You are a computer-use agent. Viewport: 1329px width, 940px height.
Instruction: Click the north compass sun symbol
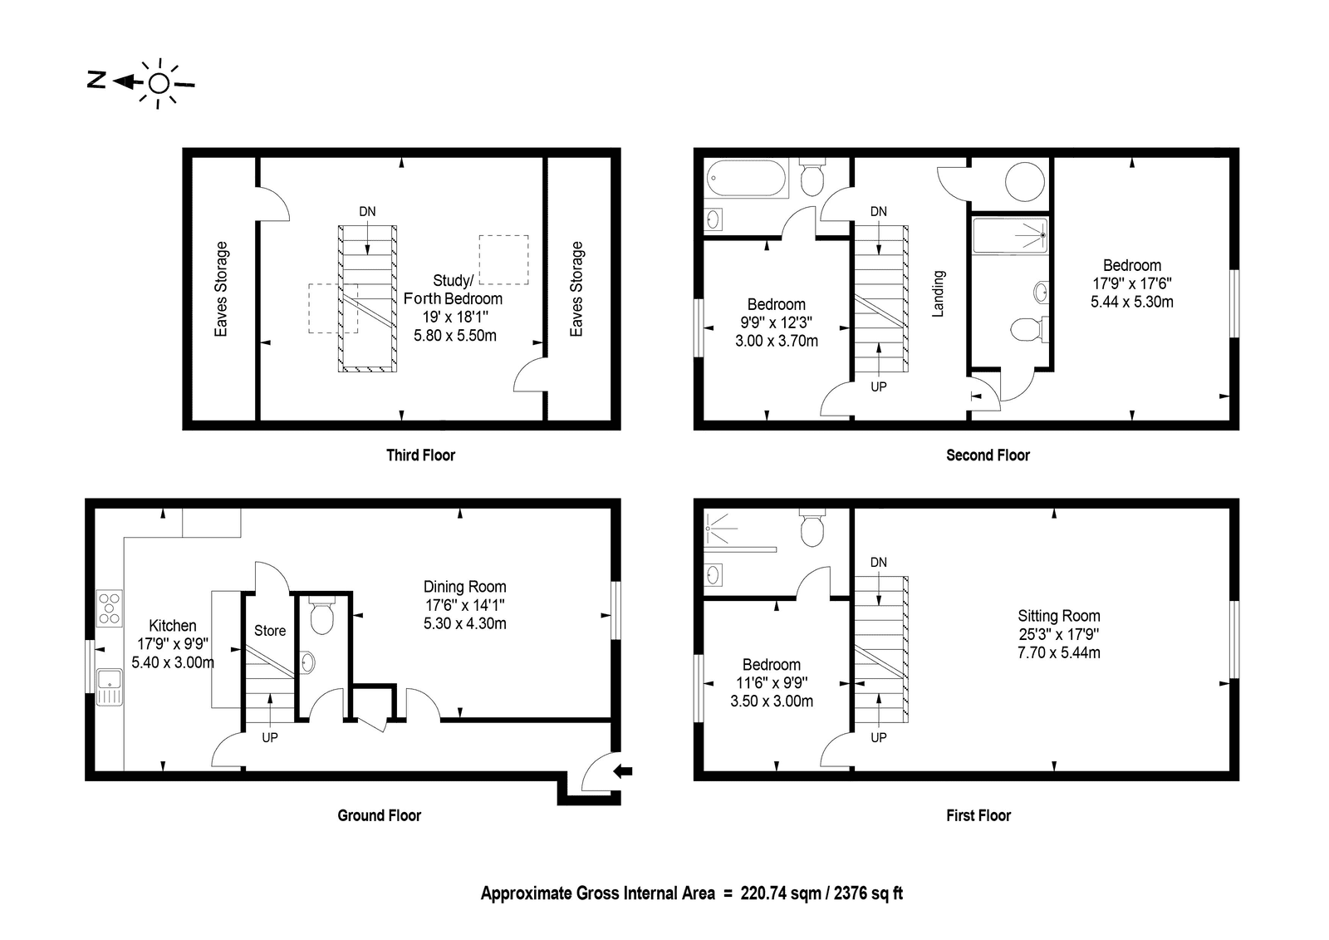[159, 84]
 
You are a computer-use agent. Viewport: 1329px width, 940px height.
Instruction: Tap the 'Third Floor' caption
[420, 455]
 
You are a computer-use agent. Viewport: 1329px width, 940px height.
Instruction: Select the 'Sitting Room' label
[1059, 616]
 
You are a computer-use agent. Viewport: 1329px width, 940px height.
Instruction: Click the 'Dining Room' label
[464, 587]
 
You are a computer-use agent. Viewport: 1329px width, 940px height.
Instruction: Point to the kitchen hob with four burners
[109, 608]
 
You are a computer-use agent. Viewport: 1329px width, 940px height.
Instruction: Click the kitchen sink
[110, 687]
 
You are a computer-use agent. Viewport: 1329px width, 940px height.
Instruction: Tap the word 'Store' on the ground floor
[270, 631]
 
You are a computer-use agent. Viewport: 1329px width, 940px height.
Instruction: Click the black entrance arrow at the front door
[622, 771]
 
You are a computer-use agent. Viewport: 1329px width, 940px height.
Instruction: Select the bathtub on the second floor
[747, 178]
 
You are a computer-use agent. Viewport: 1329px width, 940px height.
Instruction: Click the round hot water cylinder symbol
[1025, 182]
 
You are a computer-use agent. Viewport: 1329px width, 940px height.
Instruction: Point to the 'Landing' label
[938, 294]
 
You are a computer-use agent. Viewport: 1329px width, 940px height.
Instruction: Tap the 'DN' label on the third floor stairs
[367, 211]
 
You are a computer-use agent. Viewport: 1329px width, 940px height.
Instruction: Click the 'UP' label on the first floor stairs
[879, 737]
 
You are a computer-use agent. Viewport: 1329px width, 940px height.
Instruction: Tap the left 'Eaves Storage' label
[221, 289]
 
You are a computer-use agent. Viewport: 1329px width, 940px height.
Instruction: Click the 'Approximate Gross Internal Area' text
[597, 893]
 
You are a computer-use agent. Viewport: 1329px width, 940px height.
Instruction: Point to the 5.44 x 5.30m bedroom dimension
[1132, 302]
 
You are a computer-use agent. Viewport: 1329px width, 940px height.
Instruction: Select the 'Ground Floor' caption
[379, 815]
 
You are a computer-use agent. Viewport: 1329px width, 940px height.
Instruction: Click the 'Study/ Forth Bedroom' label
[454, 289]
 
